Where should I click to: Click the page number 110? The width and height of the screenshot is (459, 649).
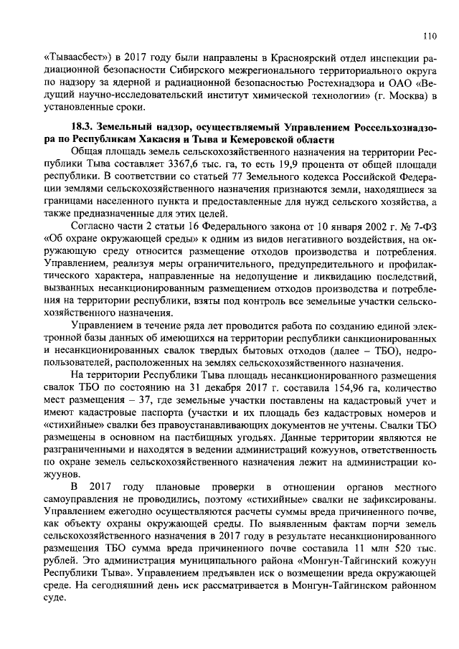[x=430, y=36]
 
